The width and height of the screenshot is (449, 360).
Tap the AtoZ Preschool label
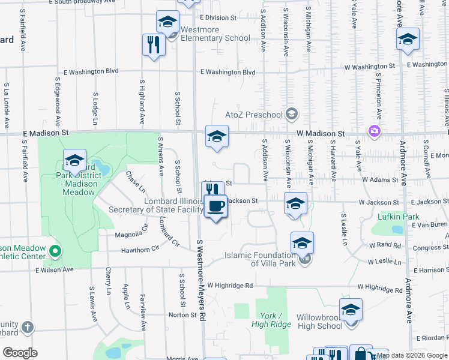click(253, 114)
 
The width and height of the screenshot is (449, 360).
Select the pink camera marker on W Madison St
click(375, 130)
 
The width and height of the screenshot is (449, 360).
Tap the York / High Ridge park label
click(276, 320)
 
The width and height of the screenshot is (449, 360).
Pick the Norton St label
click(183, 314)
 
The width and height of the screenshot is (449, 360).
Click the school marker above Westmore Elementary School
click(167, 22)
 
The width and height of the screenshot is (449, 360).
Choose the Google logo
click(20, 352)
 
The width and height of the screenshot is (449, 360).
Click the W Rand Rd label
click(385, 245)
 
